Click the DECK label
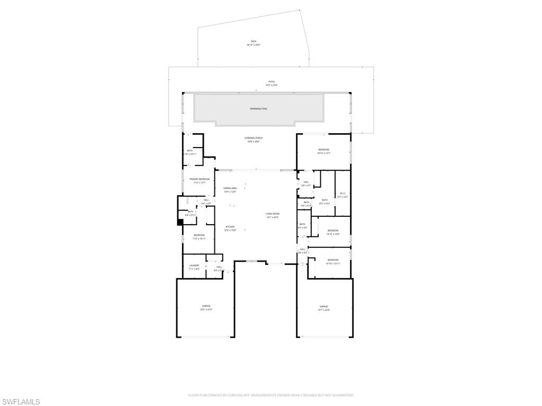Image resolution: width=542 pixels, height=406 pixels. click(x=253, y=41)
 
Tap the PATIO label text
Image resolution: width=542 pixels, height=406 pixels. click(x=271, y=81)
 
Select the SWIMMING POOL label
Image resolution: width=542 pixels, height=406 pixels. click(x=258, y=109)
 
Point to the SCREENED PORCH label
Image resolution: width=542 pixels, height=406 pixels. click(x=254, y=138)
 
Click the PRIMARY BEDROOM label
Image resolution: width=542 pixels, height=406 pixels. click(x=200, y=179)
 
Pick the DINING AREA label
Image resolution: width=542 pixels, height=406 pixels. click(x=230, y=188)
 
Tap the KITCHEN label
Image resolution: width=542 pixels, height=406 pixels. click(x=229, y=227)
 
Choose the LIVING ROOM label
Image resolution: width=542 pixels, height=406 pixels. click(x=272, y=214)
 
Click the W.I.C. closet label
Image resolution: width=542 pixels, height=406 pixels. click(x=342, y=193)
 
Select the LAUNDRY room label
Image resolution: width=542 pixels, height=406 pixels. click(x=194, y=265)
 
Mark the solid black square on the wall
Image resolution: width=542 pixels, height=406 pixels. click(x=180, y=222)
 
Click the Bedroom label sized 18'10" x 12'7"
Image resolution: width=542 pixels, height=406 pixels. click(x=323, y=150)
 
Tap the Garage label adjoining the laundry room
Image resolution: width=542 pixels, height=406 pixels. click(x=206, y=306)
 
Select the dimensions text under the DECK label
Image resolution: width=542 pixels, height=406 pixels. click(x=253, y=45)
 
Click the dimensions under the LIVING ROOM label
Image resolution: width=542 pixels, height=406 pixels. click(x=272, y=217)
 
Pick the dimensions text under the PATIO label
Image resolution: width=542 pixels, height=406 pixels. click(x=271, y=85)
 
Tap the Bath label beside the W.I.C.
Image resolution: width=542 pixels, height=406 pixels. click(x=324, y=200)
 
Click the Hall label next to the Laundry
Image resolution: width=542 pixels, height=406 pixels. click(x=219, y=267)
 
